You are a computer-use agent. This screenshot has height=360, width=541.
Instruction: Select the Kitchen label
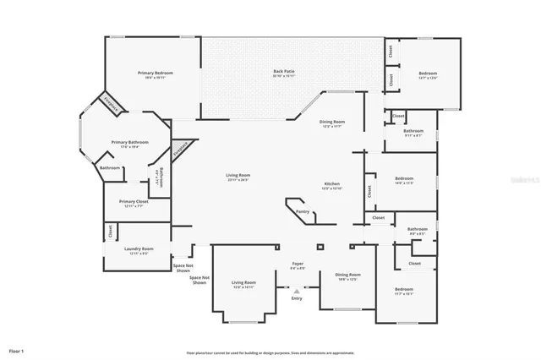coord(332,186)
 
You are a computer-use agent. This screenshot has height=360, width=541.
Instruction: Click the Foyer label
coord(298,265)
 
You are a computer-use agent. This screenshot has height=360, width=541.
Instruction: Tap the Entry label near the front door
coord(297,298)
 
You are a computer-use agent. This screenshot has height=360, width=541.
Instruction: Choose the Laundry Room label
coord(139,250)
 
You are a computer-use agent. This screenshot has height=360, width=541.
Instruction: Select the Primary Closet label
coord(134,203)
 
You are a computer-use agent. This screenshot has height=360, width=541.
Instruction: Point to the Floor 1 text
coord(17,350)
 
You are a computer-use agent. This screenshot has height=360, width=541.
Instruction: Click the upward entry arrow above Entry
coord(297,289)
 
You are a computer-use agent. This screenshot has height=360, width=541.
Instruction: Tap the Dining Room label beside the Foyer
coord(348,275)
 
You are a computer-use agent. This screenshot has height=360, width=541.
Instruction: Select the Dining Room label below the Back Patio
coord(331,124)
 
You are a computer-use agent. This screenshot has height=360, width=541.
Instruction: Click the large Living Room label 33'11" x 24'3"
coord(238,177)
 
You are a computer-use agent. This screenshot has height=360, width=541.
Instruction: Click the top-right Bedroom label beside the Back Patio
coord(428,75)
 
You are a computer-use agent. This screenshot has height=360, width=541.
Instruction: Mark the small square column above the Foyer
coord(320,248)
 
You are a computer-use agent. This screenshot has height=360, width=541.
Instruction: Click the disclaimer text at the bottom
coord(270,353)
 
